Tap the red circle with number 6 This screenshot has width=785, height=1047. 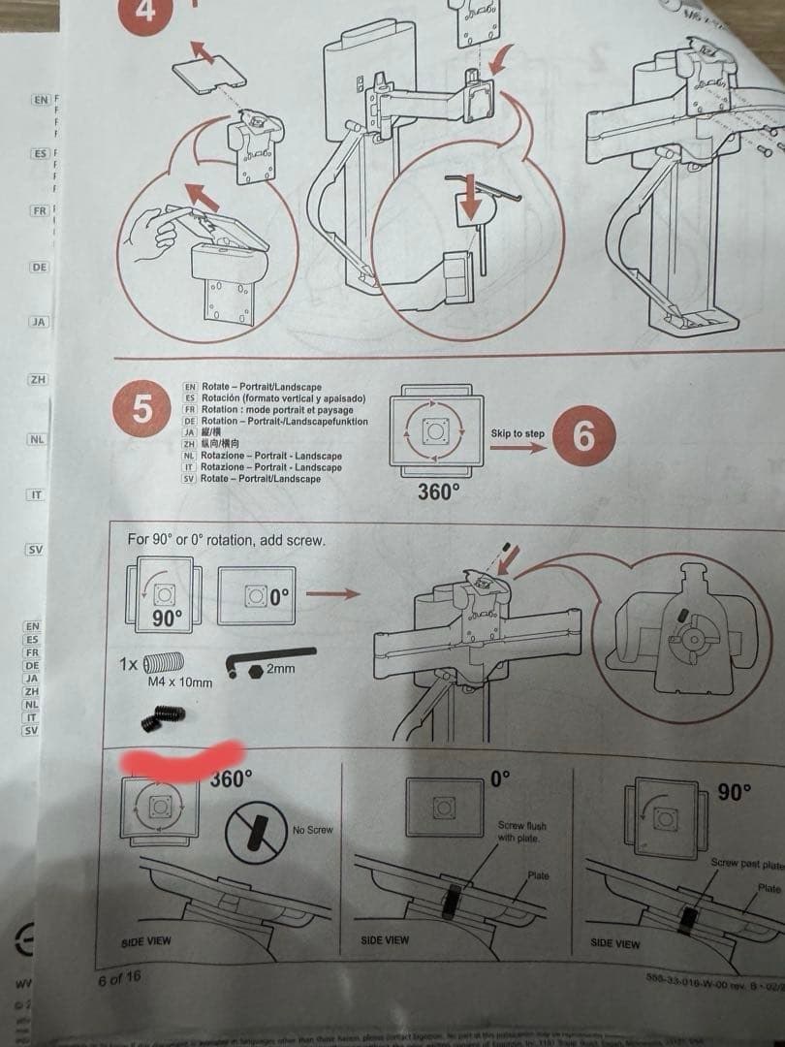[583, 436]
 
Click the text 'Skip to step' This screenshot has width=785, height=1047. [518, 433]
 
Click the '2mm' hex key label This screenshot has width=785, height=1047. [280, 669]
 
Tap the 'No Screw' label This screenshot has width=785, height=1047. [312, 830]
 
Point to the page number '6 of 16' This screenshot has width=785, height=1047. [119, 978]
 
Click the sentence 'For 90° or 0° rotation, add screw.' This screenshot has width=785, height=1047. [226, 539]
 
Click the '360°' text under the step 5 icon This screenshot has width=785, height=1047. [438, 492]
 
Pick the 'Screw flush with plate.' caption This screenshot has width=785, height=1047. [522, 832]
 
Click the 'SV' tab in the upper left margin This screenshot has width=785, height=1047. [36, 550]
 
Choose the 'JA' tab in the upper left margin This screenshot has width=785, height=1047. [39, 321]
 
